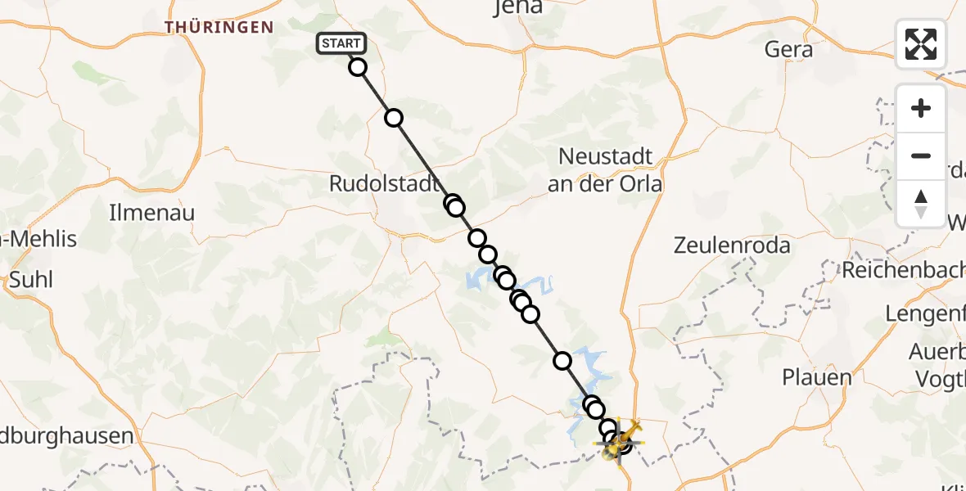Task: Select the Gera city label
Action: click(x=788, y=49)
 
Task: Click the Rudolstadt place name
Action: click(x=384, y=184)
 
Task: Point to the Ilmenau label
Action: click(x=152, y=214)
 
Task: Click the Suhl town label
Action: click(x=31, y=280)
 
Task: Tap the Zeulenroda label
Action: click(x=732, y=245)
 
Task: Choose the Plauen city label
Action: click(x=816, y=378)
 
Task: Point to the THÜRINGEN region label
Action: click(x=219, y=27)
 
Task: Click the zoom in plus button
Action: click(x=921, y=109)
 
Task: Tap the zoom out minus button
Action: click(x=921, y=156)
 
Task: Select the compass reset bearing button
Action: click(x=921, y=204)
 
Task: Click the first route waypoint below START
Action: click(x=358, y=67)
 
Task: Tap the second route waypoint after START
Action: click(x=394, y=118)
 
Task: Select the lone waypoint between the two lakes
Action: click(x=562, y=360)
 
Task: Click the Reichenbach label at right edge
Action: click(x=905, y=269)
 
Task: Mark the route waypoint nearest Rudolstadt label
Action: click(x=452, y=203)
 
